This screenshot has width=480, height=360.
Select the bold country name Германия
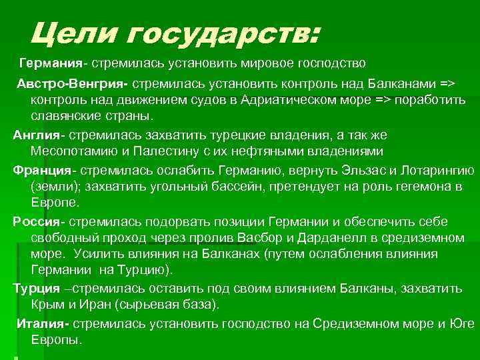coord(50,63)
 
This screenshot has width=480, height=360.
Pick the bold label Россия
coord(37,221)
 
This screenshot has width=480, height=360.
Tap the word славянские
coord(70,116)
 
